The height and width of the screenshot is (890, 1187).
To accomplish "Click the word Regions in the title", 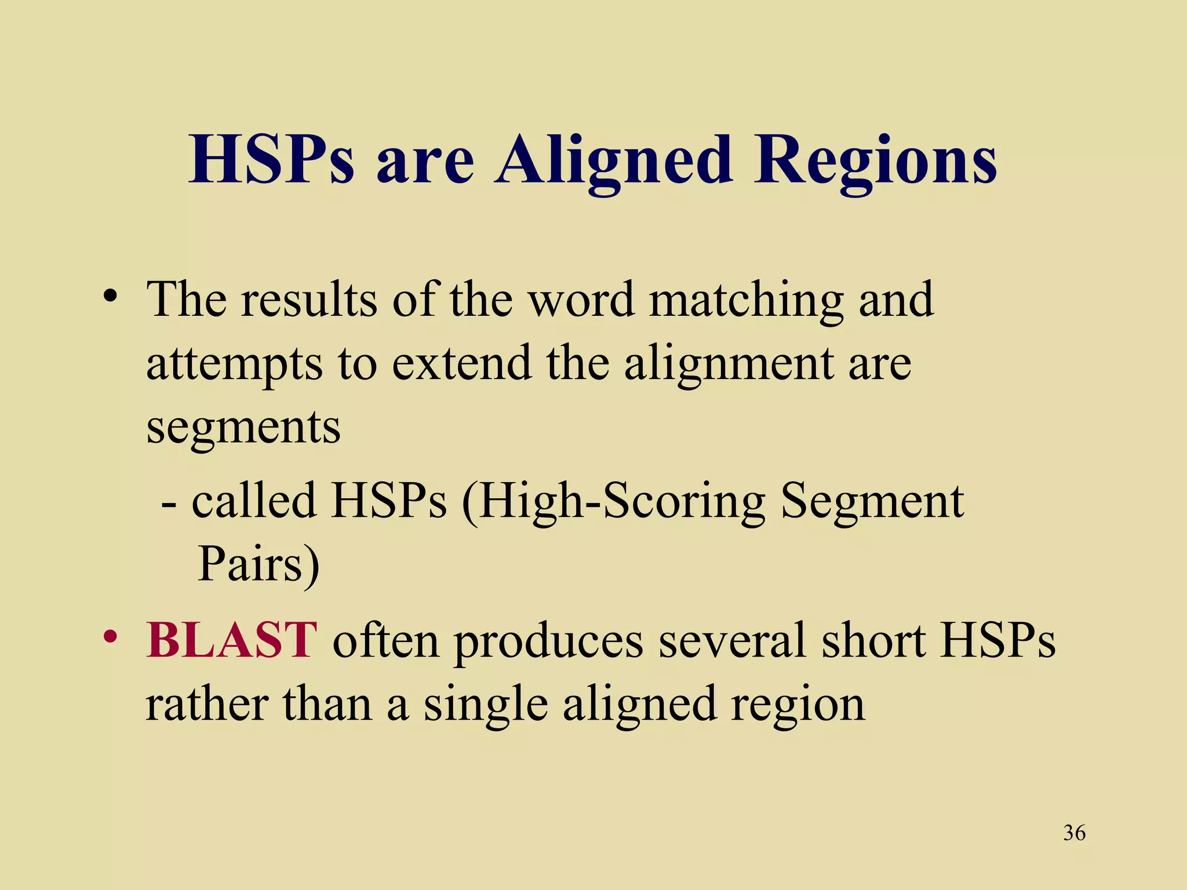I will point(875,161).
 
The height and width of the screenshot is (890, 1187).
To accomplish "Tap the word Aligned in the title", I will point(613,161).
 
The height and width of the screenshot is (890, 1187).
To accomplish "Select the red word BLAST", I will point(231,640).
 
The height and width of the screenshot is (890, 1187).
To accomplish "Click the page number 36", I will point(1074,833).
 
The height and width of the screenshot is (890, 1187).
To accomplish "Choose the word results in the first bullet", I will point(308,300).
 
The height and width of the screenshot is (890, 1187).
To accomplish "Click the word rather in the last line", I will point(206,705).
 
